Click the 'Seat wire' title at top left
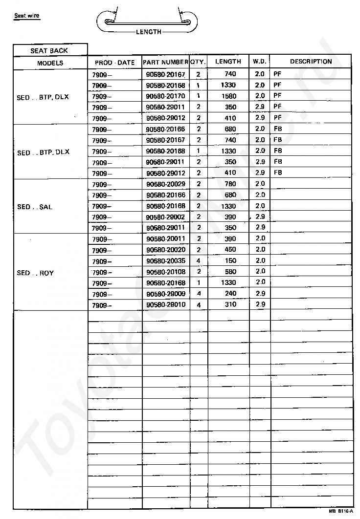click(27, 16)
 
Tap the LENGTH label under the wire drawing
click(149, 32)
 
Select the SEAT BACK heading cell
click(49, 50)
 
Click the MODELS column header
click(50, 63)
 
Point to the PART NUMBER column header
click(165, 62)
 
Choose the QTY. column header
click(198, 62)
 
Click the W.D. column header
click(259, 62)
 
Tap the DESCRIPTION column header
click(311, 62)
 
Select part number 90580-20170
click(165, 96)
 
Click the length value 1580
click(228, 96)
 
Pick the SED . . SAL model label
click(35, 207)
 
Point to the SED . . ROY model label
click(35, 273)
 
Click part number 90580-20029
click(165, 184)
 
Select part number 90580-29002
click(165, 217)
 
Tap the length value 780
click(228, 184)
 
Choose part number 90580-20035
click(165, 261)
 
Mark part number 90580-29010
click(165, 304)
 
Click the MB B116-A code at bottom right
click(340, 511)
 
